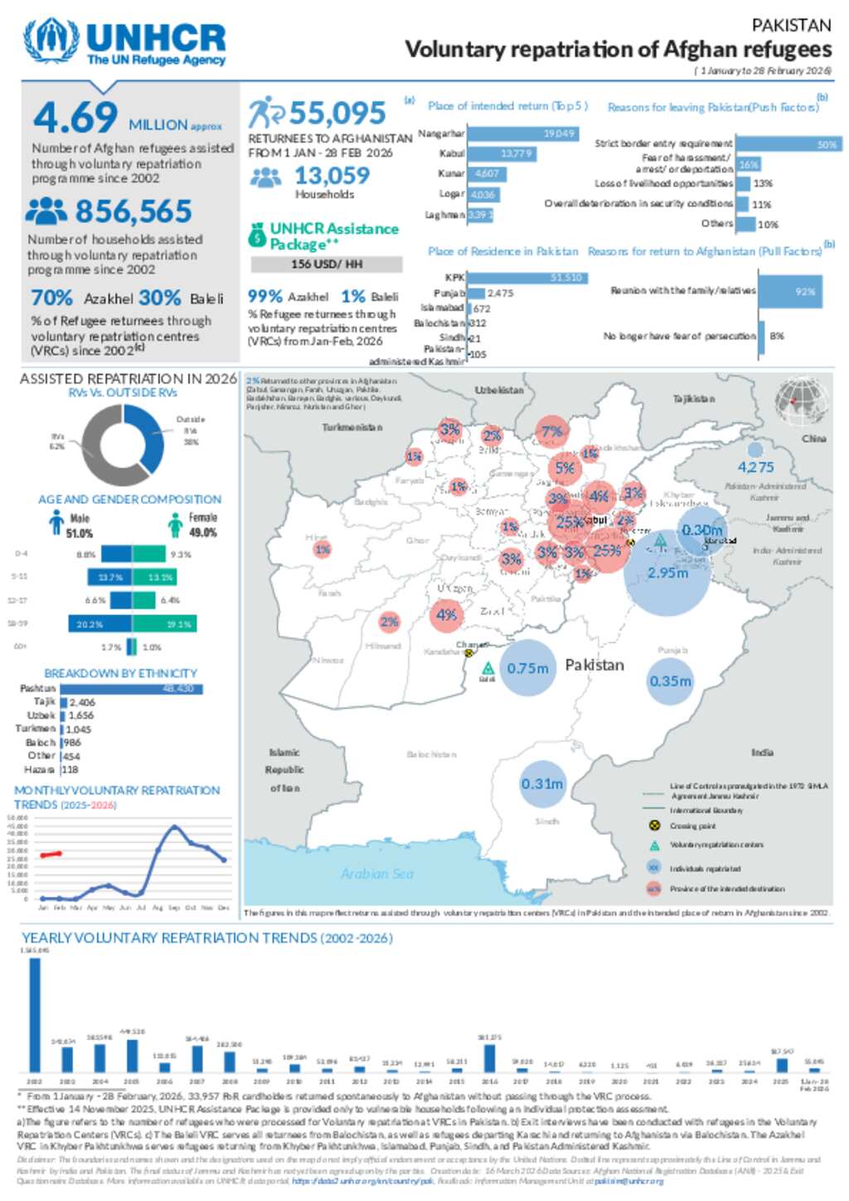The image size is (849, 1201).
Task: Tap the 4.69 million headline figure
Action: point(75,117)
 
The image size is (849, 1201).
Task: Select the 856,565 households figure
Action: point(133,212)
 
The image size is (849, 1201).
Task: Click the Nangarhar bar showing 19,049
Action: point(523,133)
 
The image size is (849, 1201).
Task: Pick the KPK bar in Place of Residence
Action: point(527,278)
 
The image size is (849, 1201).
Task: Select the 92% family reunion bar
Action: point(790,292)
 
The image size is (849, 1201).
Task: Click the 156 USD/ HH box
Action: point(327,264)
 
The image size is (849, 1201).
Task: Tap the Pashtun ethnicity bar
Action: point(131,689)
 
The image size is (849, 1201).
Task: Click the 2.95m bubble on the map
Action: point(667,573)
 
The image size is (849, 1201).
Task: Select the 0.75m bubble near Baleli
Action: point(527,668)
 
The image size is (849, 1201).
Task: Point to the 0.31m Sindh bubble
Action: point(542,783)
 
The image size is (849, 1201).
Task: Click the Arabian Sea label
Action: point(376,874)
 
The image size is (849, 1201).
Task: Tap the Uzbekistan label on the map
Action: point(499,390)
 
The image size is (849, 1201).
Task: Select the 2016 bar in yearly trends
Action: point(489,1058)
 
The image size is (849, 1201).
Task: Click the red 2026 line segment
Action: point(51,854)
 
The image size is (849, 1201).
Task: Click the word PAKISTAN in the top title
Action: point(791,26)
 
